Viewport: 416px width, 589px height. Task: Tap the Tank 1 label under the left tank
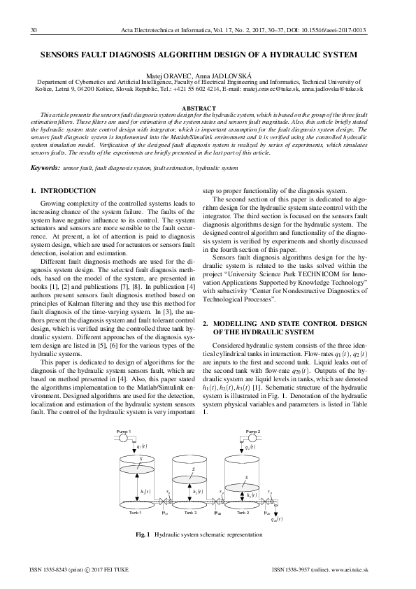[136, 513]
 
